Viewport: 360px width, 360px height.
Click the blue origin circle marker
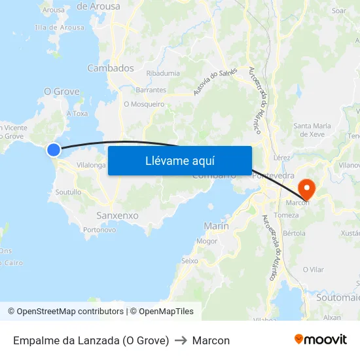tap(54, 150)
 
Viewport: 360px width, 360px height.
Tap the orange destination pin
tap(306, 189)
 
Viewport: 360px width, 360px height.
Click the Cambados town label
tap(110, 68)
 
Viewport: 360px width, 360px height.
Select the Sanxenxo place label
tap(117, 215)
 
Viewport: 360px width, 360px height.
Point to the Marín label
tap(216, 226)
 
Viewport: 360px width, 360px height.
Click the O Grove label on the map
tap(62, 92)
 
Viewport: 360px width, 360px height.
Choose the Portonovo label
tap(100, 230)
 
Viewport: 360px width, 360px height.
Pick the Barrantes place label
tap(151, 90)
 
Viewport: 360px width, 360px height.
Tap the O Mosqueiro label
tap(144, 103)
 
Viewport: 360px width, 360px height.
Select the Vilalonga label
tap(91, 166)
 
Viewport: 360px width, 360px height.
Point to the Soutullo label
tap(69, 192)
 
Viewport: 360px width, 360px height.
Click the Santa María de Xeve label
tap(312, 130)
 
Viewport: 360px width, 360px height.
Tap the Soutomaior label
tap(338, 297)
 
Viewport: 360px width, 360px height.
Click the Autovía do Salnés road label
tap(215, 82)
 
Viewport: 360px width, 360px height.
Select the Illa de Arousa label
tap(60, 27)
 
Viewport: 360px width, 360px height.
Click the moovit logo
tap(320, 340)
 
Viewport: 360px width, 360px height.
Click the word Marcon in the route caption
tap(211, 340)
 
